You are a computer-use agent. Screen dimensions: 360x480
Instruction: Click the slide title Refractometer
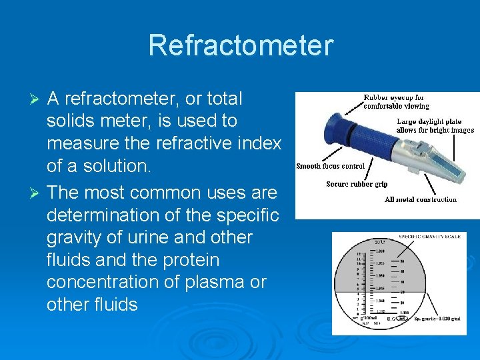pyautogui.click(x=240, y=45)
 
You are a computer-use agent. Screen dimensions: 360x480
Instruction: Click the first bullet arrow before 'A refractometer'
pyautogui.click(x=37, y=99)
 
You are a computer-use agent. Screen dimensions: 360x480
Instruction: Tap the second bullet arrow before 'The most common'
pyautogui.click(x=37, y=193)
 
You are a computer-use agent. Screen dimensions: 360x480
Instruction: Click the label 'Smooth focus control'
pyautogui.click(x=330, y=166)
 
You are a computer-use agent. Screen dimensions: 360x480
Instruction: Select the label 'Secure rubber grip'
pyautogui.click(x=357, y=184)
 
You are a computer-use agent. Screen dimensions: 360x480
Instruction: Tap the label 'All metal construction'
pyautogui.click(x=421, y=199)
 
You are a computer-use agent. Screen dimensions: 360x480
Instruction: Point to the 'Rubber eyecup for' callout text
pyautogui.click(x=393, y=97)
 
